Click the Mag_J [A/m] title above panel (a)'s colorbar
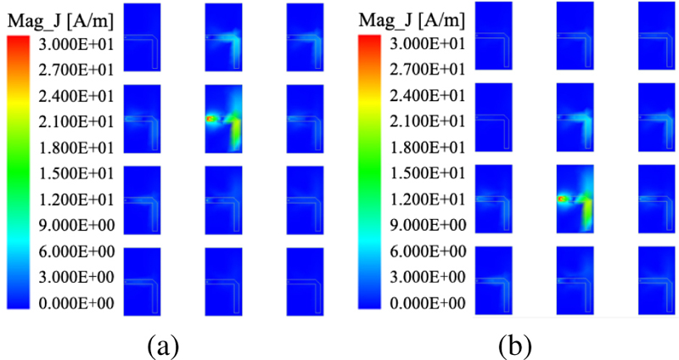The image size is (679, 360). pos(59,16)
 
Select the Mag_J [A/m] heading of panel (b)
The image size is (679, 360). pos(412,19)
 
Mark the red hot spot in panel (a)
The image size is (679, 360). pos(210,120)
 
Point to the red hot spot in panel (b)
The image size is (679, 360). pos(562,198)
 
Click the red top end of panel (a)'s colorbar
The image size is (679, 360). pos(19,42)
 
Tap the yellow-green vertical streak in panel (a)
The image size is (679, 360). pos(236,132)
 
